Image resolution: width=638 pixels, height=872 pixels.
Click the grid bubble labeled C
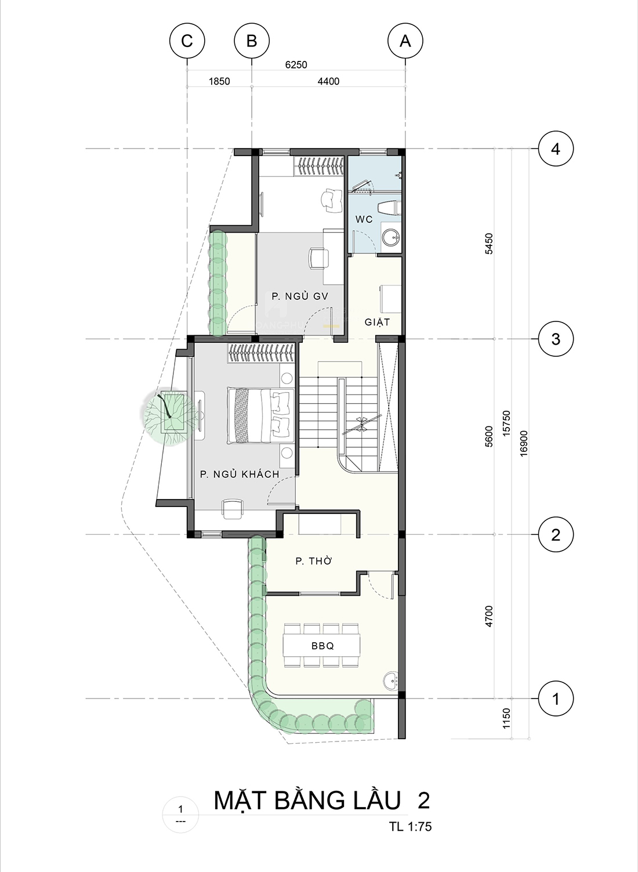187,41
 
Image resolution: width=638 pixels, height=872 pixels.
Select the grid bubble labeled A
405,41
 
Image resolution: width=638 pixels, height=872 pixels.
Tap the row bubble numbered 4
556,149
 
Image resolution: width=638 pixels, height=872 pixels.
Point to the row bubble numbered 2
556,534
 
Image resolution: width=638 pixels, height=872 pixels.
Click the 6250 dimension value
296,64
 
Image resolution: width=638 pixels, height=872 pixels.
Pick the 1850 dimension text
220,81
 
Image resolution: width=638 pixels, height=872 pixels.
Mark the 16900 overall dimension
524,443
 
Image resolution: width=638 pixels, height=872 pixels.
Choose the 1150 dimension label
506,719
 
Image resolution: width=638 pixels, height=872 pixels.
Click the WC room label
364,219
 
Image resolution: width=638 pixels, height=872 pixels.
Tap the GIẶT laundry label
377,322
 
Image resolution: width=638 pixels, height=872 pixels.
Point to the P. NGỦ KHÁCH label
240,474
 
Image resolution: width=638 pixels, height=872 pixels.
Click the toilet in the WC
389,208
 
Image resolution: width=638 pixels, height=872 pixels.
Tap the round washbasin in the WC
390,237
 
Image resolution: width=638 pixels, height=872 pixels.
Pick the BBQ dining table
322,646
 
